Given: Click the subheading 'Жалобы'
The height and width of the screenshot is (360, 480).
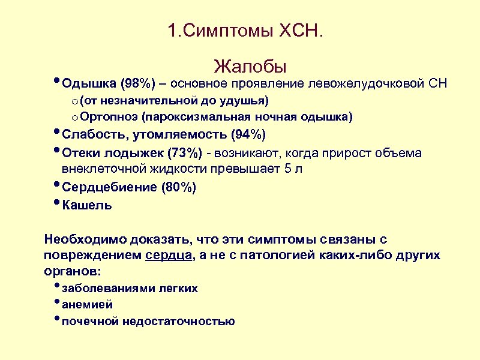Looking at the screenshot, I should point(250,65).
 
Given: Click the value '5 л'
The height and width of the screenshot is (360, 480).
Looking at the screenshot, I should point(294,169).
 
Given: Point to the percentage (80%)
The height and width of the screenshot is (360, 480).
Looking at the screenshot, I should point(178,187).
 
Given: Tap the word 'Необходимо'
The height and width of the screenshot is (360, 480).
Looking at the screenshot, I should point(85,240).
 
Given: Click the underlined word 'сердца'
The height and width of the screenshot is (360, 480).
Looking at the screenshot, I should point(169,256).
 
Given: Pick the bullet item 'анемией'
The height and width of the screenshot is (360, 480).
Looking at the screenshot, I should point(88,305).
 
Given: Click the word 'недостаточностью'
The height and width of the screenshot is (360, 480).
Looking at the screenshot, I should point(178,321).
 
